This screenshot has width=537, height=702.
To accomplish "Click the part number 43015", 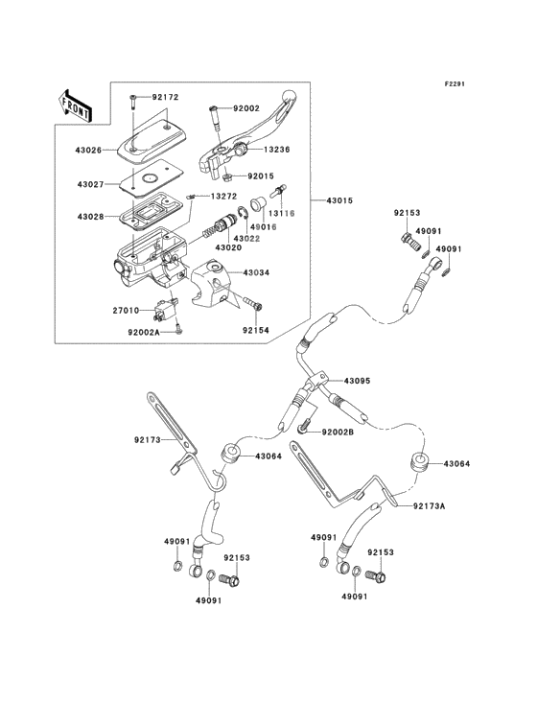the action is [x=339, y=200].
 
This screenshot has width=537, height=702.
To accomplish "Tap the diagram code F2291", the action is [x=455, y=83].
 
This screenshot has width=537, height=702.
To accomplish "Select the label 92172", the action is [x=165, y=97].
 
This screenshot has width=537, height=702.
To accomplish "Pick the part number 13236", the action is [x=276, y=150].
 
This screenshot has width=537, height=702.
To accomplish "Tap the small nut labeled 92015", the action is [x=227, y=177].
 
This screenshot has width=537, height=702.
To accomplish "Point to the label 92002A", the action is [x=143, y=332].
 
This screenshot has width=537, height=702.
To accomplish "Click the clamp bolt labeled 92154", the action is [x=253, y=303].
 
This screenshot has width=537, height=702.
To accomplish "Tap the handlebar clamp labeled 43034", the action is [x=212, y=283].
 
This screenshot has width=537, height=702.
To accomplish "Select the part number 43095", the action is [x=357, y=381].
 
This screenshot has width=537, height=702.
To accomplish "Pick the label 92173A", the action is [x=429, y=506].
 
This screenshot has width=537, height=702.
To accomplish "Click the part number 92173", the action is [x=148, y=440].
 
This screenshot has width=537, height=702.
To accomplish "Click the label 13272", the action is [x=223, y=196].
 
